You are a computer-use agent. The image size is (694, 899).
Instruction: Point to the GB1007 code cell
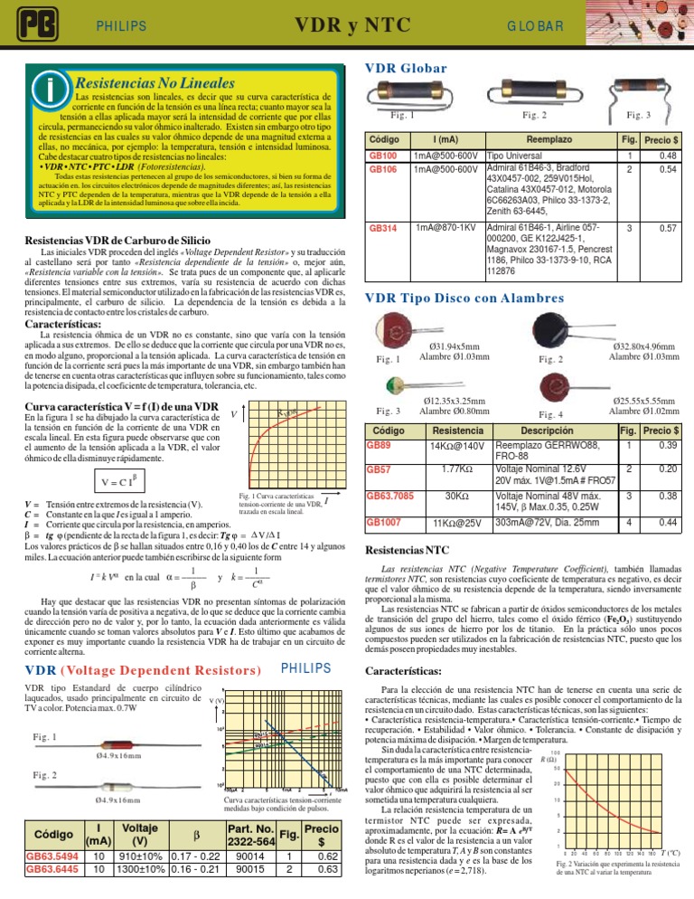click(382, 523)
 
